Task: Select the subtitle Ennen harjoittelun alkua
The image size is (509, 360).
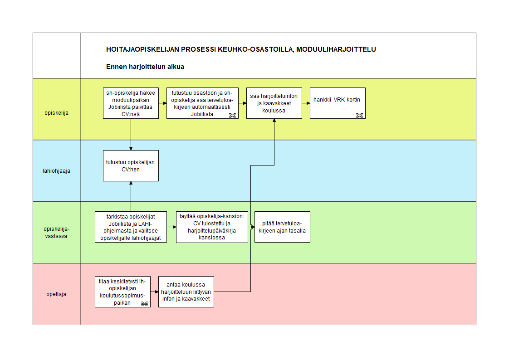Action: [145, 67]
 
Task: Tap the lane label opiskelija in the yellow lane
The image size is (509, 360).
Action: [57, 113]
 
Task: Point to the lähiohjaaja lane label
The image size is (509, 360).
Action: [57, 171]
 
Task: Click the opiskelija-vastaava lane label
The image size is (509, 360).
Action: [57, 233]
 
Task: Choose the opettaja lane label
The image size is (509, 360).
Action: [56, 294]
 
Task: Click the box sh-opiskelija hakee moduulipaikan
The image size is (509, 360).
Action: [131, 103]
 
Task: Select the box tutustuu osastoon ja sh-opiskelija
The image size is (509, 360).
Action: [203, 103]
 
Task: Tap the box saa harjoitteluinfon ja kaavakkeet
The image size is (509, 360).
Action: [274, 103]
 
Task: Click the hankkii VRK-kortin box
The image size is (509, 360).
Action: [338, 103]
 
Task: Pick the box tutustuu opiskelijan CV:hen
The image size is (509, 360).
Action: [131, 166]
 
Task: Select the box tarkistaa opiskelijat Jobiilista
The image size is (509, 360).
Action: [131, 227]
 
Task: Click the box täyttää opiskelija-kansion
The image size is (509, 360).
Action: [212, 227]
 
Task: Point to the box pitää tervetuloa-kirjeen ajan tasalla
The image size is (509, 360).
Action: [283, 227]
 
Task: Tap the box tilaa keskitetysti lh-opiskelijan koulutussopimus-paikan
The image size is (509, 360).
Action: [122, 292]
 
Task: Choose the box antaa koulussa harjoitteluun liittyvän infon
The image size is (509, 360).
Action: [186, 292]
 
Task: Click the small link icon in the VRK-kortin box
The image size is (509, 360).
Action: [359, 116]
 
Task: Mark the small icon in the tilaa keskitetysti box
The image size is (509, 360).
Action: [144, 304]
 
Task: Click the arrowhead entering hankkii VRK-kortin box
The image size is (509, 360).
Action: [308, 103]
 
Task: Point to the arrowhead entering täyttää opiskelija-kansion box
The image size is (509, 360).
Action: [174, 227]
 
